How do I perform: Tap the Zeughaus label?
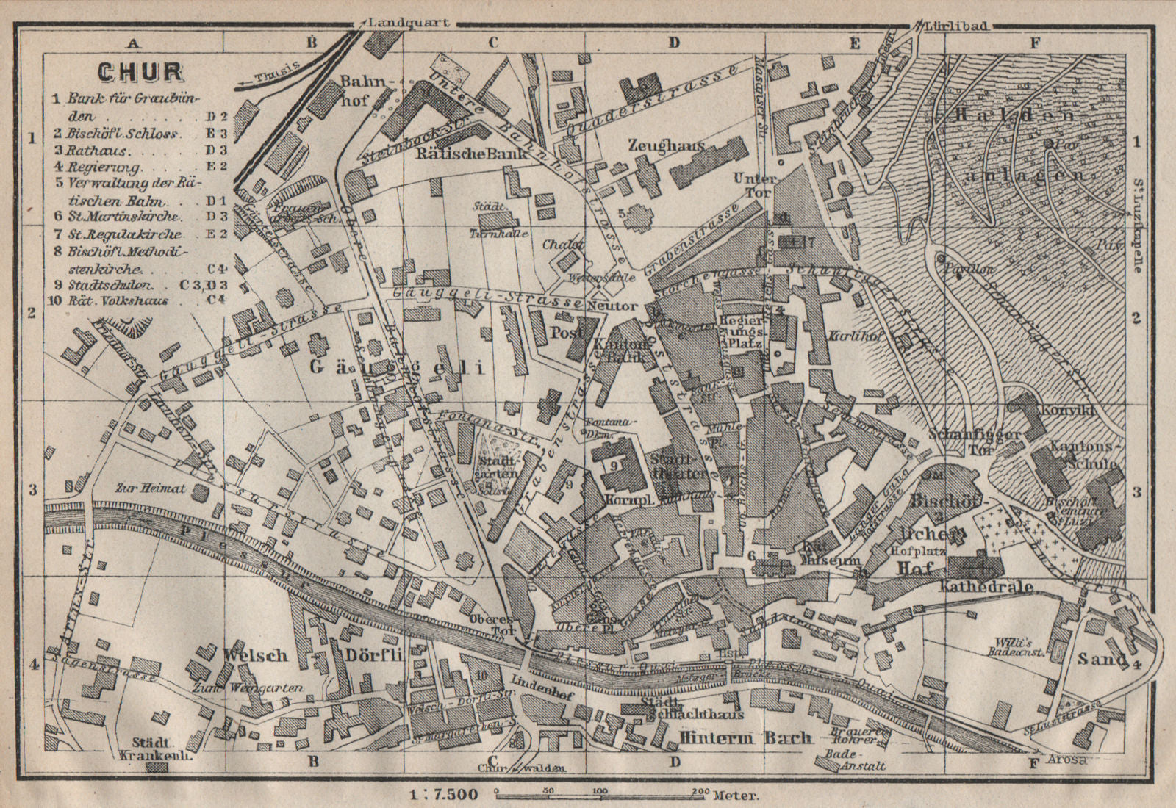tap(665, 145)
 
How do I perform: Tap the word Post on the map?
tap(567, 331)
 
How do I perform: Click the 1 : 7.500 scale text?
tap(441, 794)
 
